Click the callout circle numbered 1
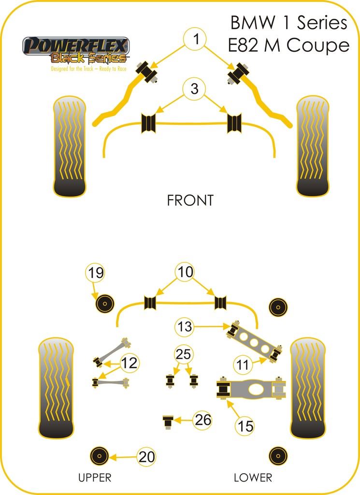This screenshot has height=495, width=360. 195,40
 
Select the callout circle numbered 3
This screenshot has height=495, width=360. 194,89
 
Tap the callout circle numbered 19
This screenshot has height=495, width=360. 96,274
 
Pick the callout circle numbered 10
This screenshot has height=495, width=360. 185,272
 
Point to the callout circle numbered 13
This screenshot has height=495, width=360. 185,327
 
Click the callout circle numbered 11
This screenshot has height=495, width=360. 245,364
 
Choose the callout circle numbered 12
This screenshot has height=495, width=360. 129,362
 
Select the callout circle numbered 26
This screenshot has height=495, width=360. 203,421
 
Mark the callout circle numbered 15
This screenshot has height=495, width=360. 245,426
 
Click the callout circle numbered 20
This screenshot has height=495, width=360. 146,456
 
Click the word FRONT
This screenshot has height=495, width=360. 190,201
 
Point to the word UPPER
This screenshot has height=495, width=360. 95,478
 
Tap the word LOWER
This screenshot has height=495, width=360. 253,478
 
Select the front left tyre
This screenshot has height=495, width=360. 70,146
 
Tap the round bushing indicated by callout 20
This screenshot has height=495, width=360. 99,456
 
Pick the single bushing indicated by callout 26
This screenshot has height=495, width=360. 168,421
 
